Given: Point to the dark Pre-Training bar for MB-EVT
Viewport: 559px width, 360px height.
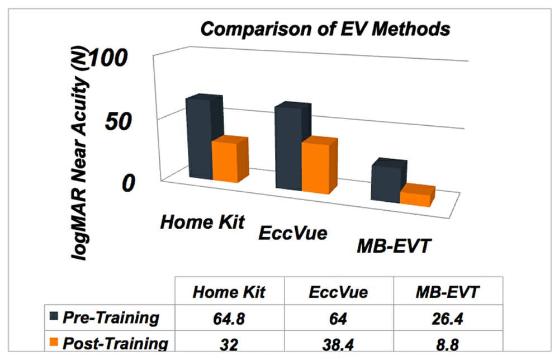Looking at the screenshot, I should coord(386,182).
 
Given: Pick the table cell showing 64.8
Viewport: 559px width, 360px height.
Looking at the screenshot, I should coord(229,319).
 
